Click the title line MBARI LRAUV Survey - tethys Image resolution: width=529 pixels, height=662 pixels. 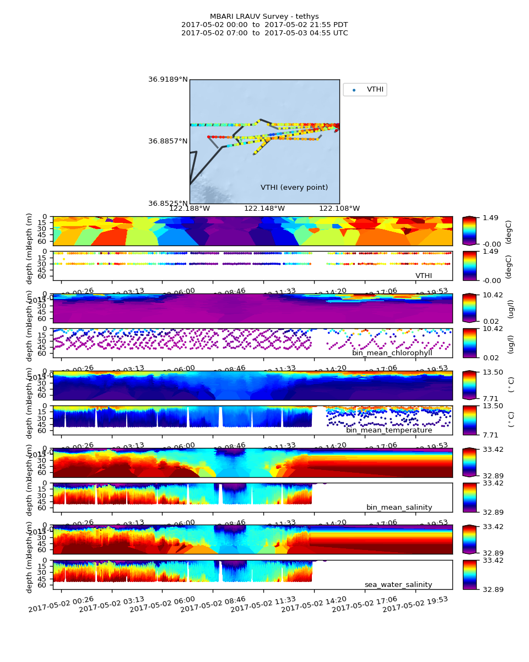(264, 17)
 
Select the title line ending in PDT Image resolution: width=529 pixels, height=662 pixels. (264, 25)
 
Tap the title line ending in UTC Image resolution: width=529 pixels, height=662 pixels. (264, 33)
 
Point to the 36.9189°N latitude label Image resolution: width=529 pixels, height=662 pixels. (168, 79)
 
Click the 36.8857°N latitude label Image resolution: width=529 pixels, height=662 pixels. (168, 141)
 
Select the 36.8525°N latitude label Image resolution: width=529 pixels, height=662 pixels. (168, 204)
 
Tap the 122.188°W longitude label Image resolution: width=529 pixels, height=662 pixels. (190, 209)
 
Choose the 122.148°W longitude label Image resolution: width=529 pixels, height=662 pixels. (264, 209)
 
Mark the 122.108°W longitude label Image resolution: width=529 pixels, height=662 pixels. (339, 209)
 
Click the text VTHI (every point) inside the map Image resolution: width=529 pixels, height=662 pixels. (294, 188)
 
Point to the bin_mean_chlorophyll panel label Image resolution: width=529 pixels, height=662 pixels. (392, 353)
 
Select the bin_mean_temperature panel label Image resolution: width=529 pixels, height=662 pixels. (389, 430)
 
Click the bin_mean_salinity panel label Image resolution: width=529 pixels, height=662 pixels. (399, 508)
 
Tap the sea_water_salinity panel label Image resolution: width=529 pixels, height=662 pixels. (398, 585)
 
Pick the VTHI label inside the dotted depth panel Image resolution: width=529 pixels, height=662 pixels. (423, 276)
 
